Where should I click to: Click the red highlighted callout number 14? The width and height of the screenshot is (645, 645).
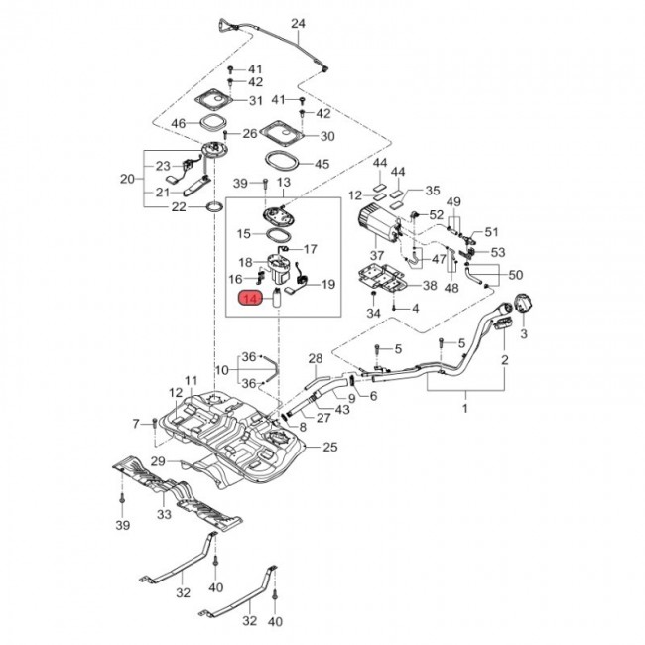click(x=251, y=298)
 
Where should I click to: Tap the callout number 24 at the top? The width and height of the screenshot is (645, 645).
click(x=298, y=24)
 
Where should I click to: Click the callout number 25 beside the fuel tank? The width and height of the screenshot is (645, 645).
click(x=330, y=447)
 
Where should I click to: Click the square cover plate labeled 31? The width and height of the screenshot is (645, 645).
click(x=214, y=99)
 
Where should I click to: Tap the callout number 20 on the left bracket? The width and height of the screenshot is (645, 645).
click(x=128, y=179)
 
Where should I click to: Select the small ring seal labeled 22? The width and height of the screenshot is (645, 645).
click(x=215, y=206)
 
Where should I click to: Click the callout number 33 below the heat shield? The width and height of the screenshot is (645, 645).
click(x=164, y=514)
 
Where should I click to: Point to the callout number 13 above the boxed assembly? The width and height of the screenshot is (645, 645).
click(x=284, y=182)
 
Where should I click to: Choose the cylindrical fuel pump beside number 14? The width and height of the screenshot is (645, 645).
click(x=278, y=298)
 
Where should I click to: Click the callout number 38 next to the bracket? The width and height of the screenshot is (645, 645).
click(x=430, y=285)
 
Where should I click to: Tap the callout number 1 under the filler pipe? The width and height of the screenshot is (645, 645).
click(x=465, y=409)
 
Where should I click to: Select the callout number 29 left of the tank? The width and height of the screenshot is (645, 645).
click(x=158, y=461)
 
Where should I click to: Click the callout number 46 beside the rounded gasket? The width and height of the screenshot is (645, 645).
click(x=178, y=123)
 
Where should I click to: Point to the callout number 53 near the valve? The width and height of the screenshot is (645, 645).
click(x=498, y=252)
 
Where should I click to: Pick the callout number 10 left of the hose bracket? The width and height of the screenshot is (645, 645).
click(x=221, y=370)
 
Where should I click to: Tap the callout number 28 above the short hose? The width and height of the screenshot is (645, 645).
click(x=316, y=358)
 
